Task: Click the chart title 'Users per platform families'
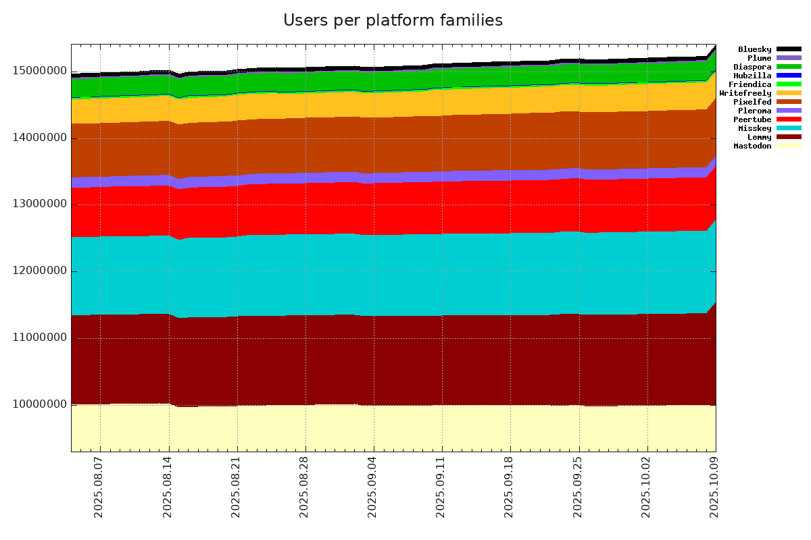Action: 393,21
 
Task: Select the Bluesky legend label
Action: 754,49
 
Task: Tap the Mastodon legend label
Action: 752,146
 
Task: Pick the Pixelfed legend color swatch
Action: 789,102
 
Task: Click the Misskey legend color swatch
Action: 789,128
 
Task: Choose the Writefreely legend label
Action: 745,93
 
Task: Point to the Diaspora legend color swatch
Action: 789,67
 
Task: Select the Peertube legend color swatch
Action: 789,119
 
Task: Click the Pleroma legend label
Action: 754,111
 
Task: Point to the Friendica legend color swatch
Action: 789,84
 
